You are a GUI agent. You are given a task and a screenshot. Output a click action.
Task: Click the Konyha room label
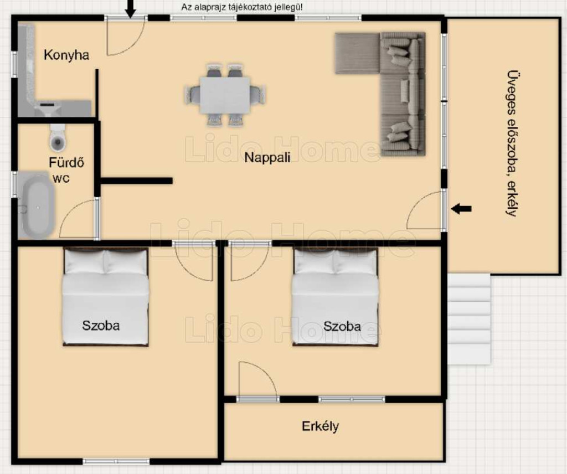pos(66,55)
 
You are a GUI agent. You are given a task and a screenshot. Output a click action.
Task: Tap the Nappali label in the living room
pos(267,158)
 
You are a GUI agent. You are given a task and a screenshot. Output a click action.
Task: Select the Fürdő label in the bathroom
pos(66,163)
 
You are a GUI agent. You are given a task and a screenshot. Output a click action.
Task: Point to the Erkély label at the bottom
pos(321,426)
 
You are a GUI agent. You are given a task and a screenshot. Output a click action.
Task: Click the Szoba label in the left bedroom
pos(101,326)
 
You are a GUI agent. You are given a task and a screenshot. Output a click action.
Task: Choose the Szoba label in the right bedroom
pos(342,327)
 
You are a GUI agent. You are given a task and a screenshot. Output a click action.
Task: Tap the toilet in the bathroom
pos(58,137)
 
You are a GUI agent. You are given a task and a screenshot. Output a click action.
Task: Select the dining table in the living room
pos(225,95)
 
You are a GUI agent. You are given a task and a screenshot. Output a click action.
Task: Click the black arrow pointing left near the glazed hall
pos(461,209)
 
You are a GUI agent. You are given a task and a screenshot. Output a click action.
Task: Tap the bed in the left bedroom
pos(106,296)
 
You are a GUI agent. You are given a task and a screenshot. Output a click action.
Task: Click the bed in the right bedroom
pos(335,296)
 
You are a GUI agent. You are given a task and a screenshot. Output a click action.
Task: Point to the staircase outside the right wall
pos(469,319)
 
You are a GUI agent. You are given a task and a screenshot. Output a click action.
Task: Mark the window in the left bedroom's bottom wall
pos(116,461)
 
